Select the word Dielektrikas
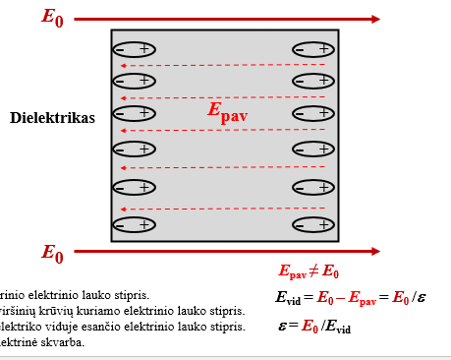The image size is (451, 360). point(52,118)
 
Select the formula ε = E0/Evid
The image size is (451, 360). point(313,327)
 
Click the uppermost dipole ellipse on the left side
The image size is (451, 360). point(134,49)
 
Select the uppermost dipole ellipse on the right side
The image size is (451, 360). point(313,49)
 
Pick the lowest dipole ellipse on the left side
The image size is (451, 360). point(134,225)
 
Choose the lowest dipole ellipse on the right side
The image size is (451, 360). point(313,225)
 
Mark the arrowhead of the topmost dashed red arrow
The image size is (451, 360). point(120,66)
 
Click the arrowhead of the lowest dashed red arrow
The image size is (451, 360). point(120,210)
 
